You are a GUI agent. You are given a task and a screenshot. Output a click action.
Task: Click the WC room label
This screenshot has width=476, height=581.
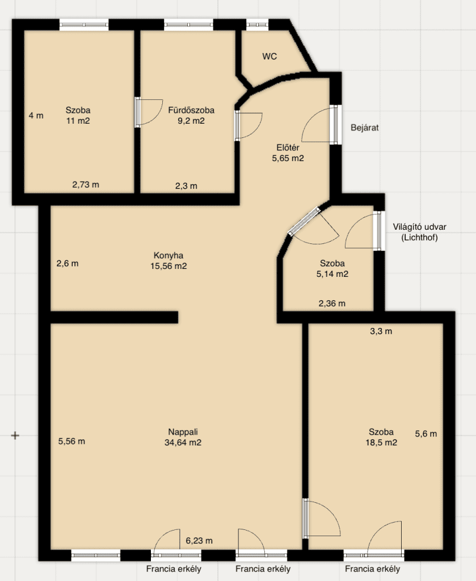coord(269,56)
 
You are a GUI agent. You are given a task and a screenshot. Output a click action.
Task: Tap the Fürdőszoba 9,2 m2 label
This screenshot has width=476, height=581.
coord(191,115)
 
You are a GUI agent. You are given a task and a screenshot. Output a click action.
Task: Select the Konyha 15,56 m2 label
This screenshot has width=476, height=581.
coord(169,260)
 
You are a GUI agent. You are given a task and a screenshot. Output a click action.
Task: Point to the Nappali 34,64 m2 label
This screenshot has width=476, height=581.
coord(183,437)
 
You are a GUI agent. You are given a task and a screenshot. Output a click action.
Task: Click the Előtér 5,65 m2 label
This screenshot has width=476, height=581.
coord(288,153)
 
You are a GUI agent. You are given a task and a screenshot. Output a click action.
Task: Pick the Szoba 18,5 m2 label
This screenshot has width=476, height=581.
coord(381,437)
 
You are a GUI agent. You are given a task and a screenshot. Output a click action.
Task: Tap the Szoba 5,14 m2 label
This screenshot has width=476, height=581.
coord(332,268)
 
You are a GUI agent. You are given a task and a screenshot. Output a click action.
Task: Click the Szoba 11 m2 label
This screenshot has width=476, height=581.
coord(78,115)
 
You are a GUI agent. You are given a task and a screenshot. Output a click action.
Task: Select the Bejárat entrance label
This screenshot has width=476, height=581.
coord(364,128)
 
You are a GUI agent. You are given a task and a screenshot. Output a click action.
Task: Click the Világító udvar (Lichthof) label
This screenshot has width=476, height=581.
coord(419,232)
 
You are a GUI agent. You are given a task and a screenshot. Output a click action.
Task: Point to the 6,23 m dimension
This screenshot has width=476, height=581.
coord(199,541)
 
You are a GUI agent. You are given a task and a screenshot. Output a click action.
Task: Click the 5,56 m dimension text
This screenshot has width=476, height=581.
coord(71,441)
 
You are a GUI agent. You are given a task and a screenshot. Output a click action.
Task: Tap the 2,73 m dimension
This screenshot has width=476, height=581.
coord(86,184)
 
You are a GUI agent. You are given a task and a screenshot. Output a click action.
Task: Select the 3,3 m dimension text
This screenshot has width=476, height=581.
coord(381,331)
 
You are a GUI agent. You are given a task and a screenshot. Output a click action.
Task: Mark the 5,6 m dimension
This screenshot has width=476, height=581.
coord(426,433)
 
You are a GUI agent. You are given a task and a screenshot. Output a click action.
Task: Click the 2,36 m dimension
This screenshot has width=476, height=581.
coord(332,304)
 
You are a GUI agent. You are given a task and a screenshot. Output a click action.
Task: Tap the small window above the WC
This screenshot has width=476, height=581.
coord(258,24)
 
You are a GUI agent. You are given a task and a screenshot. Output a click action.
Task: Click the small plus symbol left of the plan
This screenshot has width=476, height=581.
coord(15,435)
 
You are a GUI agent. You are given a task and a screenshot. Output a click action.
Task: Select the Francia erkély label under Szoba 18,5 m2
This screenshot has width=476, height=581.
coord(372,569)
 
